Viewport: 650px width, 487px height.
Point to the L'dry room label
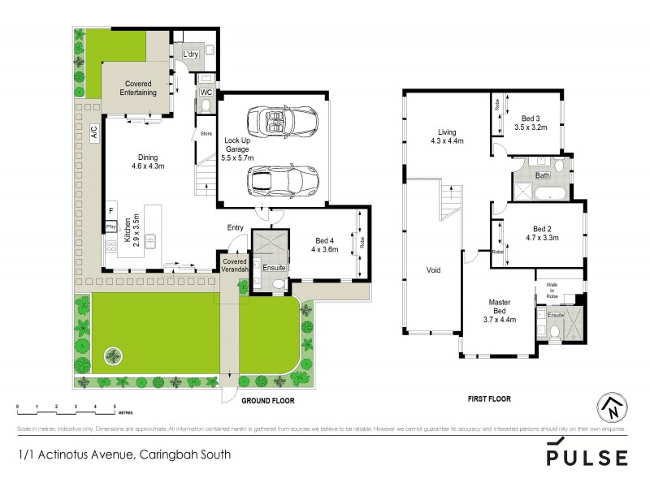(190, 54)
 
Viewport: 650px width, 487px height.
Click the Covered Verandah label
(234, 265)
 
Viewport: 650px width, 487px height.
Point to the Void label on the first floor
(433, 270)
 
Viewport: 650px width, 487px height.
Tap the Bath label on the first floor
(543, 175)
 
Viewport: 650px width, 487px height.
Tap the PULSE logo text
(587, 457)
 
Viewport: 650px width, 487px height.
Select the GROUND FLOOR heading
(267, 401)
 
